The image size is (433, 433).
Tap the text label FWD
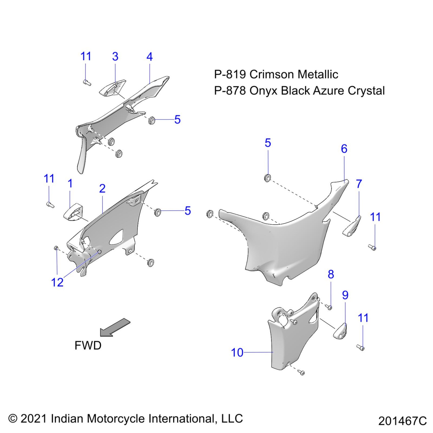88,345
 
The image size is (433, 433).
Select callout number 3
115,57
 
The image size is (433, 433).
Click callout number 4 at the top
150,57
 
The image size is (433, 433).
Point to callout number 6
344,149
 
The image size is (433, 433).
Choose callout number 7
359,184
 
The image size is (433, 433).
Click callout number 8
331,274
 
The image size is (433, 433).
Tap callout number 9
345,295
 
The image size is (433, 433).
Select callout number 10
237,353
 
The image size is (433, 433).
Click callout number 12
57,282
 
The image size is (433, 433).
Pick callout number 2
102,188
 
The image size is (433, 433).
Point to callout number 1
70,183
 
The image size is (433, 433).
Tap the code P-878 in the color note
230,90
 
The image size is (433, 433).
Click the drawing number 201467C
402,421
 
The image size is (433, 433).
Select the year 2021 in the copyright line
34,419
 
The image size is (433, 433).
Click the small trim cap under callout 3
112,88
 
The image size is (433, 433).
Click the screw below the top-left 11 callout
87,82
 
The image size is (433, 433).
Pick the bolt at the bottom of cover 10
302,373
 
